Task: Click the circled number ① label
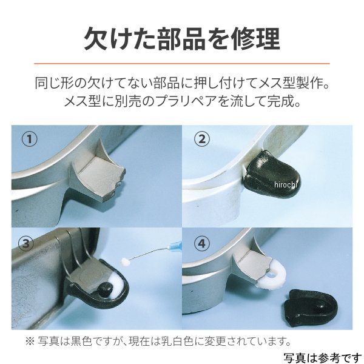[x=29, y=139]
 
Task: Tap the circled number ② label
[x=202, y=139]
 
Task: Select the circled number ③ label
[x=26, y=243]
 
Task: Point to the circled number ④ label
[x=202, y=243]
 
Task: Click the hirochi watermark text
[x=286, y=185]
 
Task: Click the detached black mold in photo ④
[x=310, y=308]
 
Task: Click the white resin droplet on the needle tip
[x=126, y=261]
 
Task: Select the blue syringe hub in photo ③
[x=175, y=244]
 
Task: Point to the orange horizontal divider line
[x=182, y=63]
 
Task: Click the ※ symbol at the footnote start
[x=30, y=342]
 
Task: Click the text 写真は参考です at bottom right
[x=323, y=358]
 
